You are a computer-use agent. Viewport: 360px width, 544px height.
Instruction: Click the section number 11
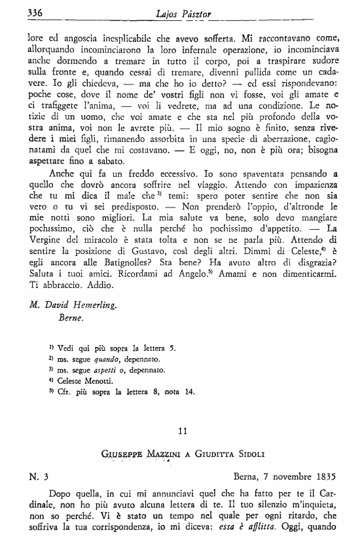(x=183, y=429)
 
